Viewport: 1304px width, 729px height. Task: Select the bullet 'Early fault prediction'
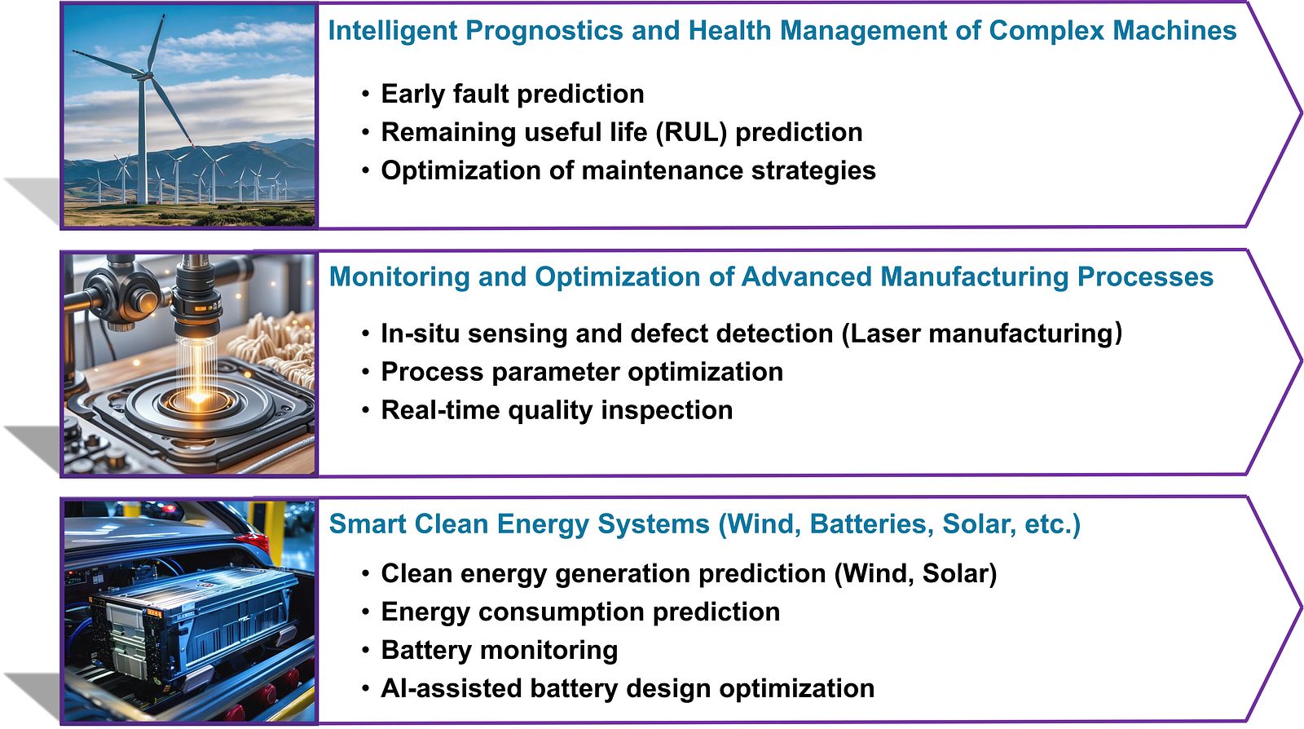point(513,94)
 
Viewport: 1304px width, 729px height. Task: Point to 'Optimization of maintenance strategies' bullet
point(628,170)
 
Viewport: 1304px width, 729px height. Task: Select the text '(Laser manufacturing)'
point(982,334)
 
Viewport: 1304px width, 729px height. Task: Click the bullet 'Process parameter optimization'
point(582,372)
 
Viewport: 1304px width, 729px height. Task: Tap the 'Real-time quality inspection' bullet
point(557,410)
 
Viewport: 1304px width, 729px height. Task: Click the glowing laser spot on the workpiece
point(197,397)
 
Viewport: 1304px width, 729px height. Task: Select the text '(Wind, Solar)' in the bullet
point(916,574)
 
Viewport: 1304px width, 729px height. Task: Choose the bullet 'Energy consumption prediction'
point(580,612)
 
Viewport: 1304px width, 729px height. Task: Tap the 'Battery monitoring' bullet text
point(499,651)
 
